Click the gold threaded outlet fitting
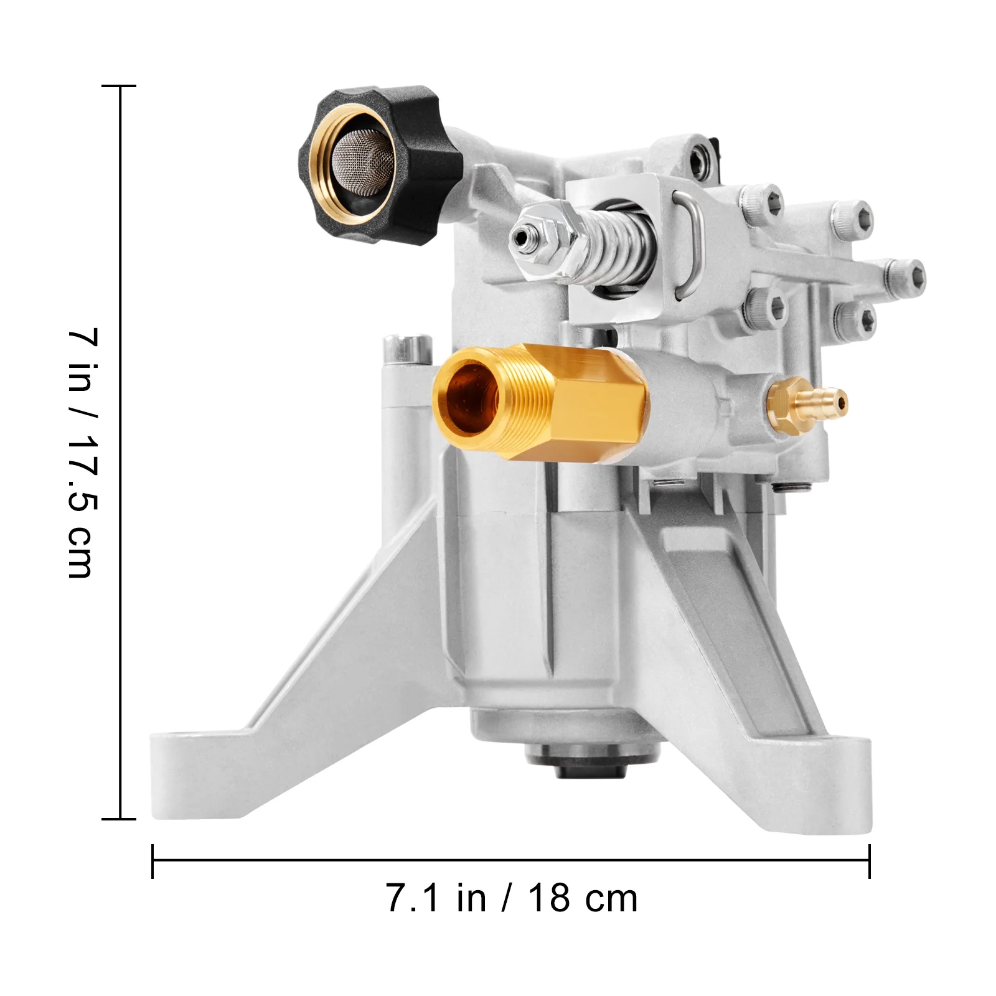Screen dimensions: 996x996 point(540,403)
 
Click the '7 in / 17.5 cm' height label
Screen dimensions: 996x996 point(82,453)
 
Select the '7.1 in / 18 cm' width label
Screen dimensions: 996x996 point(512,898)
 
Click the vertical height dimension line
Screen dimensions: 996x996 point(120,453)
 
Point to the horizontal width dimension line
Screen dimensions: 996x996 point(511,861)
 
